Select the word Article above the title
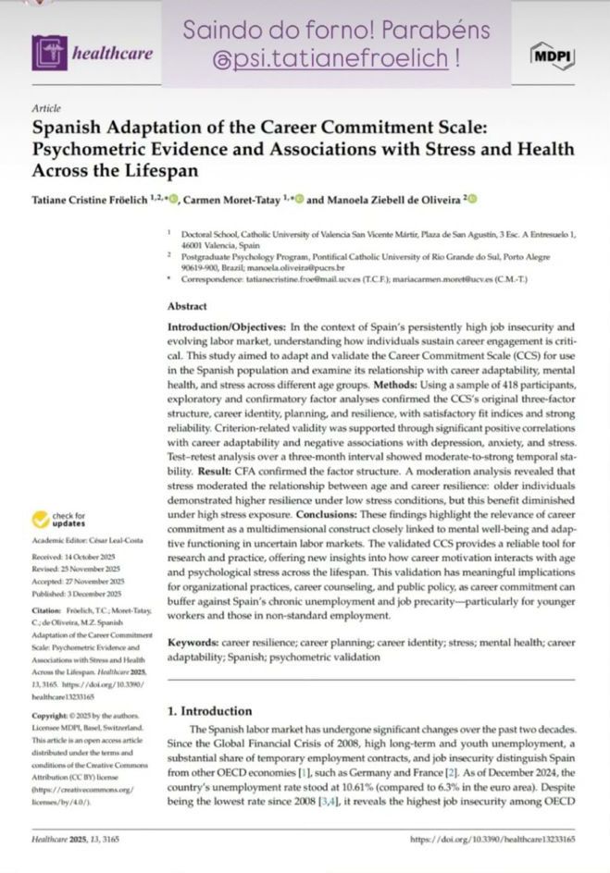45,108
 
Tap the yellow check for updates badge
58,521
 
